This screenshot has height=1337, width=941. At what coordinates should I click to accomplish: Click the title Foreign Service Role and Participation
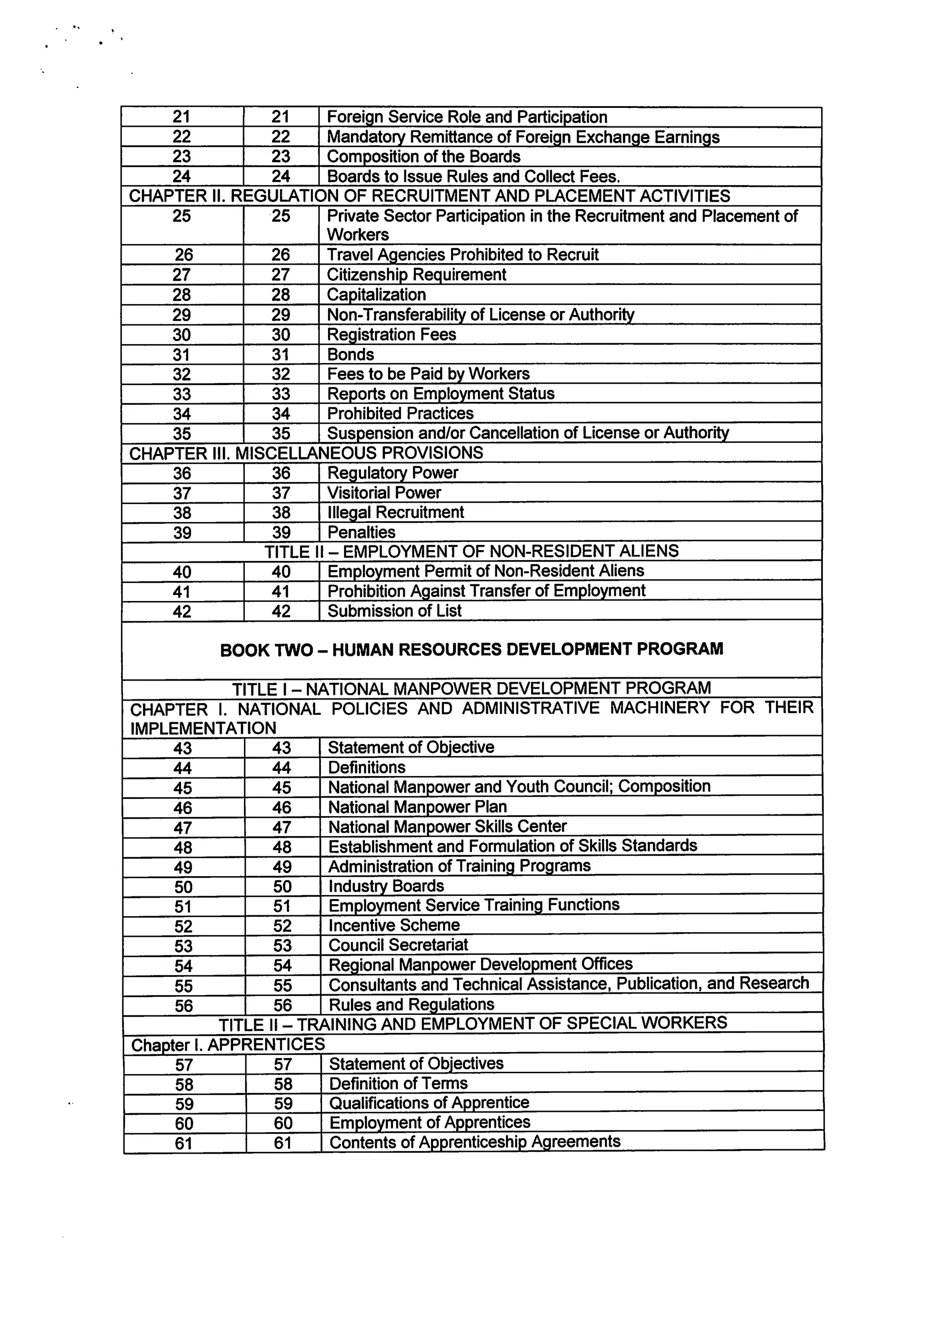(x=466, y=117)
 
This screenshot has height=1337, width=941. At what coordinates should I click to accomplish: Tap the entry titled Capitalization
(x=376, y=295)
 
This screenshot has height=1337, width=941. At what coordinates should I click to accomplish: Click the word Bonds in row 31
(x=350, y=355)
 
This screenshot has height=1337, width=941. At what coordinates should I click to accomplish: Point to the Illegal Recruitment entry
(x=396, y=512)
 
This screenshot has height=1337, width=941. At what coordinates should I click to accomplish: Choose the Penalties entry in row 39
(x=361, y=532)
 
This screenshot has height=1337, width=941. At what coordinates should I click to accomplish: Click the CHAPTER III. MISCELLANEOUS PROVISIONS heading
(x=306, y=453)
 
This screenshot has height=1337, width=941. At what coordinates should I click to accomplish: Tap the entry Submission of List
(x=394, y=611)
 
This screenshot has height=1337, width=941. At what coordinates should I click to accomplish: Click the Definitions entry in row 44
(x=366, y=767)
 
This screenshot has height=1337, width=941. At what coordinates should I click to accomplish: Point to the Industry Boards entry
(x=385, y=886)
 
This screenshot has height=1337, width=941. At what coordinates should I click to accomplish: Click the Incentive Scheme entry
(x=394, y=925)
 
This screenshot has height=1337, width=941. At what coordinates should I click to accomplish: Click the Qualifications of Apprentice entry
(x=429, y=1103)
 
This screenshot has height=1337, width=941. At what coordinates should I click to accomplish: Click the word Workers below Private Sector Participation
(x=357, y=235)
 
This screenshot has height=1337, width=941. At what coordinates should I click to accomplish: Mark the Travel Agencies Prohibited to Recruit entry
(x=462, y=255)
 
